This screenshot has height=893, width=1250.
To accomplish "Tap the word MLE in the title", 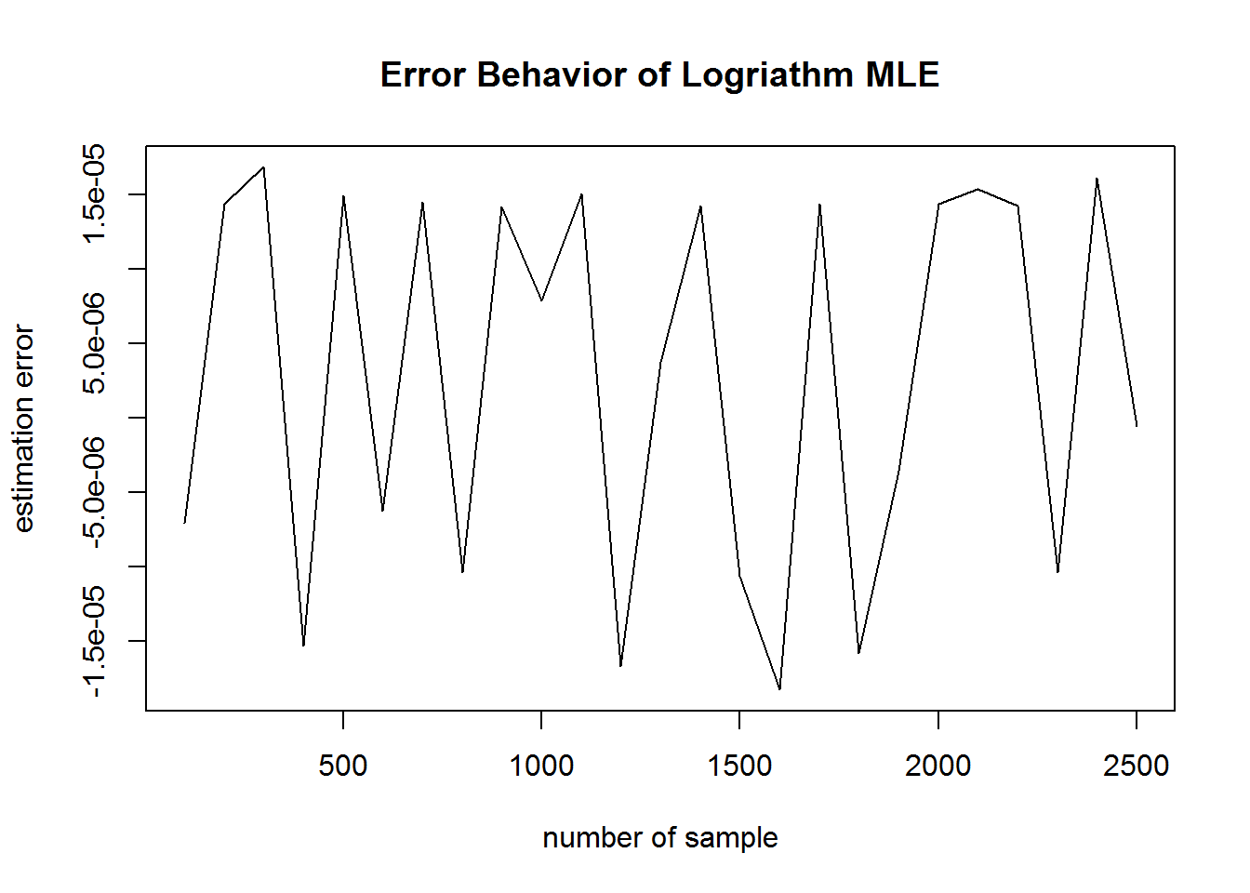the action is [902, 74].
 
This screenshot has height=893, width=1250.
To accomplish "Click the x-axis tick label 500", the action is [342, 766].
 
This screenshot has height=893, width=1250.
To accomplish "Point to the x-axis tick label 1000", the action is [541, 766].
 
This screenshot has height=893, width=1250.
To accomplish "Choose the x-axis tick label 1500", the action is [739, 766].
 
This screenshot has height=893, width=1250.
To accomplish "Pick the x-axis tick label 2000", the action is [938, 766].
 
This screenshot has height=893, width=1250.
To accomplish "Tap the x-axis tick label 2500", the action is [1137, 766].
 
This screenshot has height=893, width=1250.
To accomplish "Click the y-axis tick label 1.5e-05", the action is [93, 194].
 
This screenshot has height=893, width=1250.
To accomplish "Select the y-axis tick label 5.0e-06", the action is [93, 342].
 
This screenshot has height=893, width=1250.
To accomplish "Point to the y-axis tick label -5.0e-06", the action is [93, 492].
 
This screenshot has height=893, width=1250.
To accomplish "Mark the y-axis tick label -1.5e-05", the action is [93, 641].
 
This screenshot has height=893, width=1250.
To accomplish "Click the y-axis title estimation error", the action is [24, 429].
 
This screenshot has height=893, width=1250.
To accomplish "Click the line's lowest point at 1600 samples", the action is [779, 689].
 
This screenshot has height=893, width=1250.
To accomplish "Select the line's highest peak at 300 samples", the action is [263, 167].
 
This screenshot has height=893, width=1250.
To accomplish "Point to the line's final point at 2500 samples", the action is [1137, 426].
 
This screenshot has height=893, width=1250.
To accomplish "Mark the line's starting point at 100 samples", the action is [184, 523].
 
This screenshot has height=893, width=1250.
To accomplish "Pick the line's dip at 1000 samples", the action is [541, 300].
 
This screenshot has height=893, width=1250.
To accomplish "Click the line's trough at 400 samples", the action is [303, 646].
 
